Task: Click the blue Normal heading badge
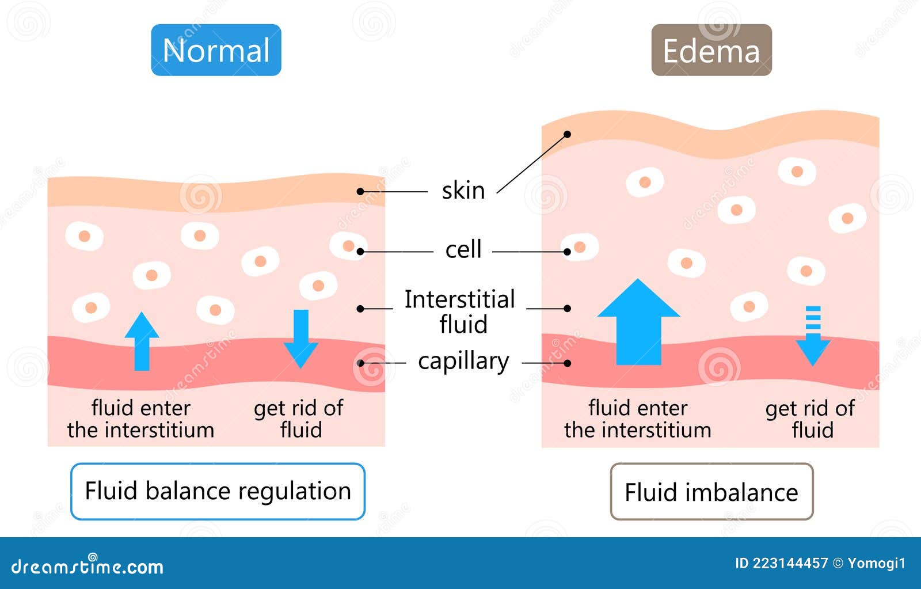[216, 50]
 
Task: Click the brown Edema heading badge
[711, 50]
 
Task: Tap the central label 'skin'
[463, 191]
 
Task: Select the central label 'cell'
[463, 250]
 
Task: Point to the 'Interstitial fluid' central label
[460, 311]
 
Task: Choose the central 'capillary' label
[463, 362]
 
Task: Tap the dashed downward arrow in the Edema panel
[812, 336]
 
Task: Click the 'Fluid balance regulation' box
[218, 491]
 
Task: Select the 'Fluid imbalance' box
[711, 492]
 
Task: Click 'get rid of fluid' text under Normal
[299, 419]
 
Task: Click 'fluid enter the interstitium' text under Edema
[638, 419]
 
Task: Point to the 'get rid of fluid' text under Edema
[810, 419]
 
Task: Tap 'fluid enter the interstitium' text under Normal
[140, 419]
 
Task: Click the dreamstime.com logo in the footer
[87, 567]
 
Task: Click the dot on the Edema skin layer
[567, 134]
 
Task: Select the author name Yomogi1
[876, 563]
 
